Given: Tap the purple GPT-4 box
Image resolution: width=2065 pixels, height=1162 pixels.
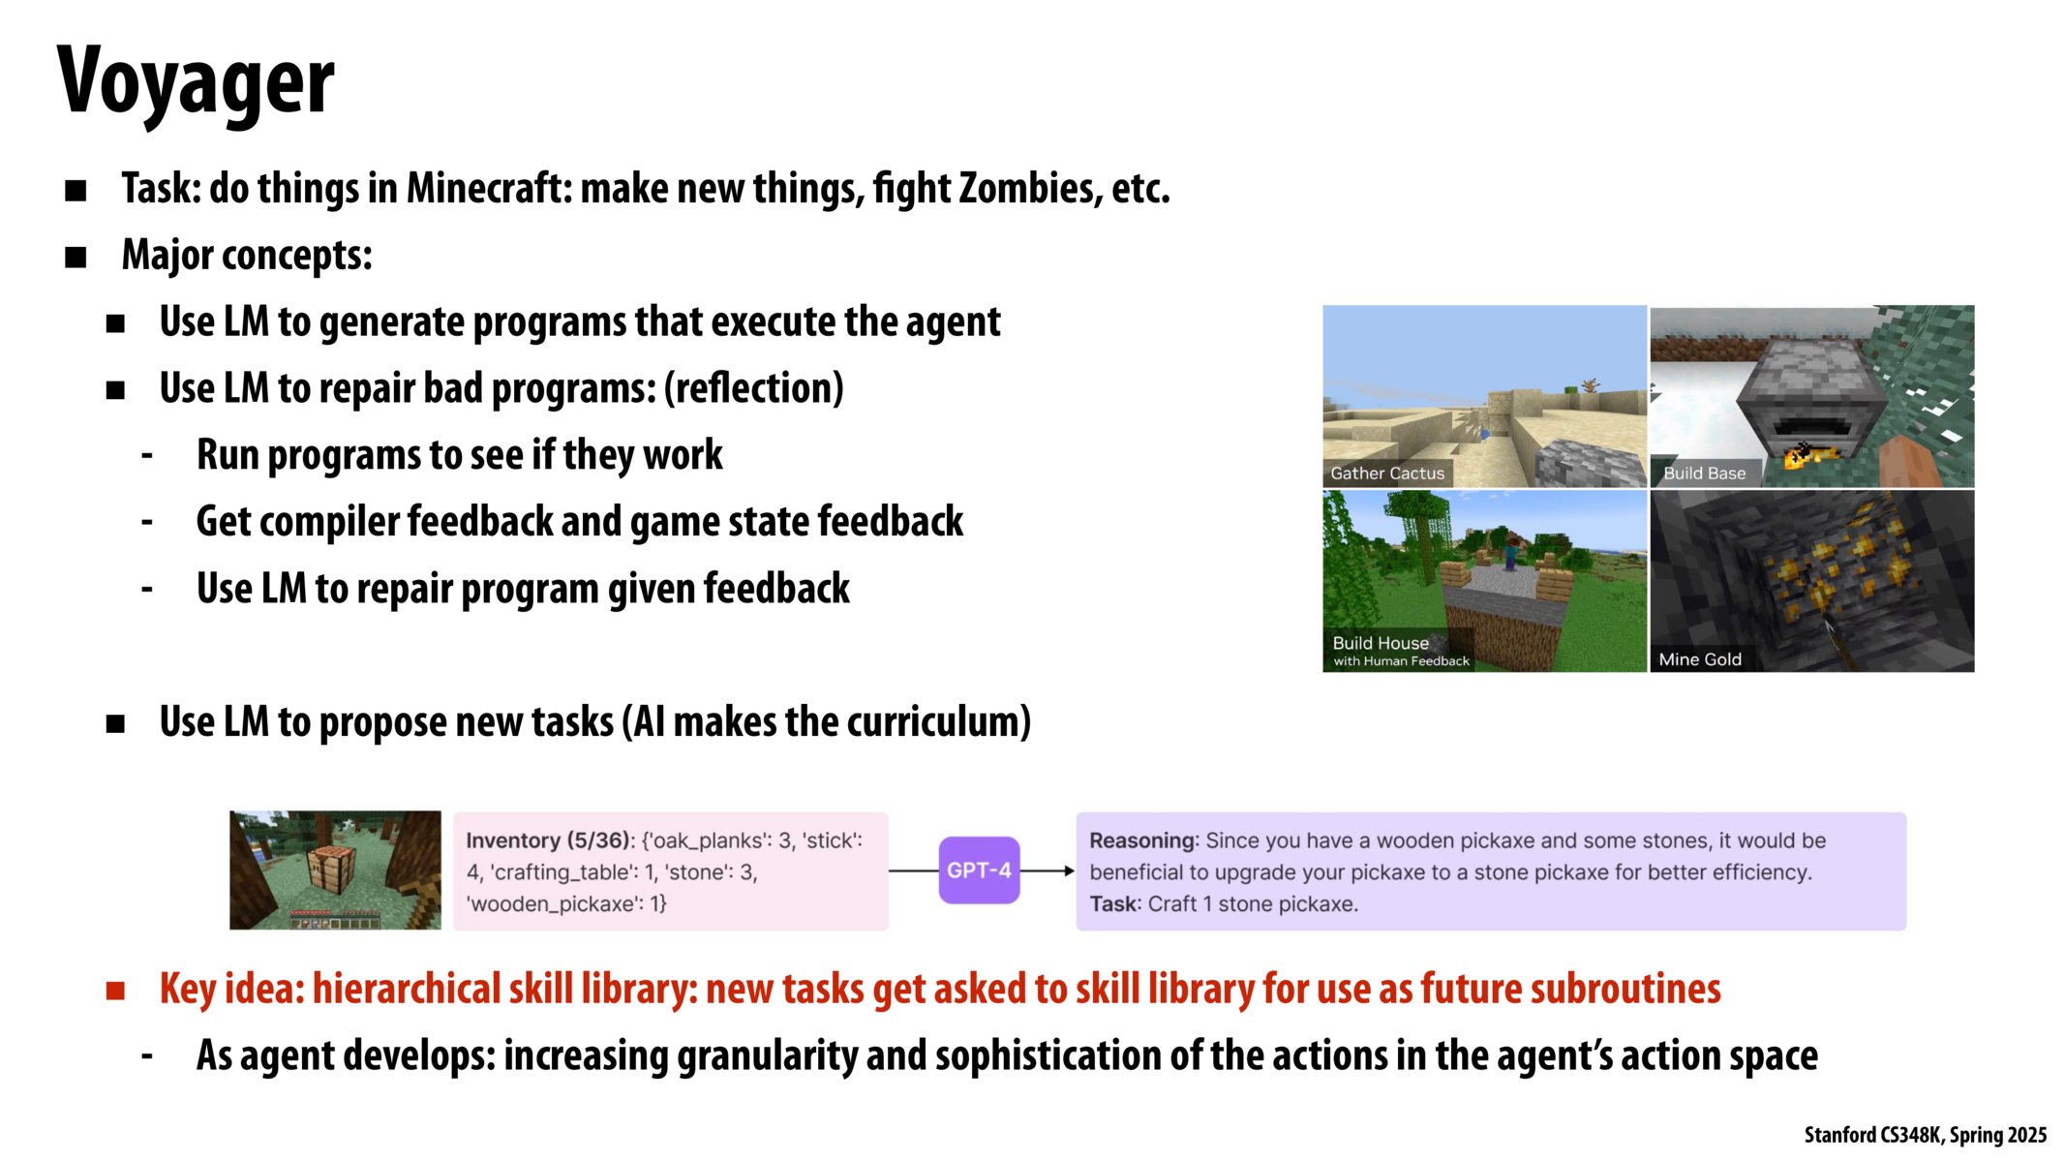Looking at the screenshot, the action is tap(979, 871).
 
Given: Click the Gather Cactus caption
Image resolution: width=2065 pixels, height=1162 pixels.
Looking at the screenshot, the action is tap(1387, 474).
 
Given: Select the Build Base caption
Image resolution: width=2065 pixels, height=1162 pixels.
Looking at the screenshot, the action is tap(1705, 474).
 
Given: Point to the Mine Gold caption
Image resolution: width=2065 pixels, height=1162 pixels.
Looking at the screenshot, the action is tap(1700, 659).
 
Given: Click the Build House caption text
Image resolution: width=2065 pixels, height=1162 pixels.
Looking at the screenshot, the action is tap(1381, 643).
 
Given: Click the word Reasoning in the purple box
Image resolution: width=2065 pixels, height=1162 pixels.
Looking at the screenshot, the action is tap(1143, 841).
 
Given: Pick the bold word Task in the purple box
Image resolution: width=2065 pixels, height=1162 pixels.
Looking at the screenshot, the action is tap(1113, 903).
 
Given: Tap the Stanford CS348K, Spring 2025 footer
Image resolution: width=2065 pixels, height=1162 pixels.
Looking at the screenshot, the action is tap(1926, 1135).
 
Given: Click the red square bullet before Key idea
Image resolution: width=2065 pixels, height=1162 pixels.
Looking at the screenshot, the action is tap(115, 990).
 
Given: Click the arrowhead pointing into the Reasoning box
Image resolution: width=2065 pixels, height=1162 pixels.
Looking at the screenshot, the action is tap(1069, 871).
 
